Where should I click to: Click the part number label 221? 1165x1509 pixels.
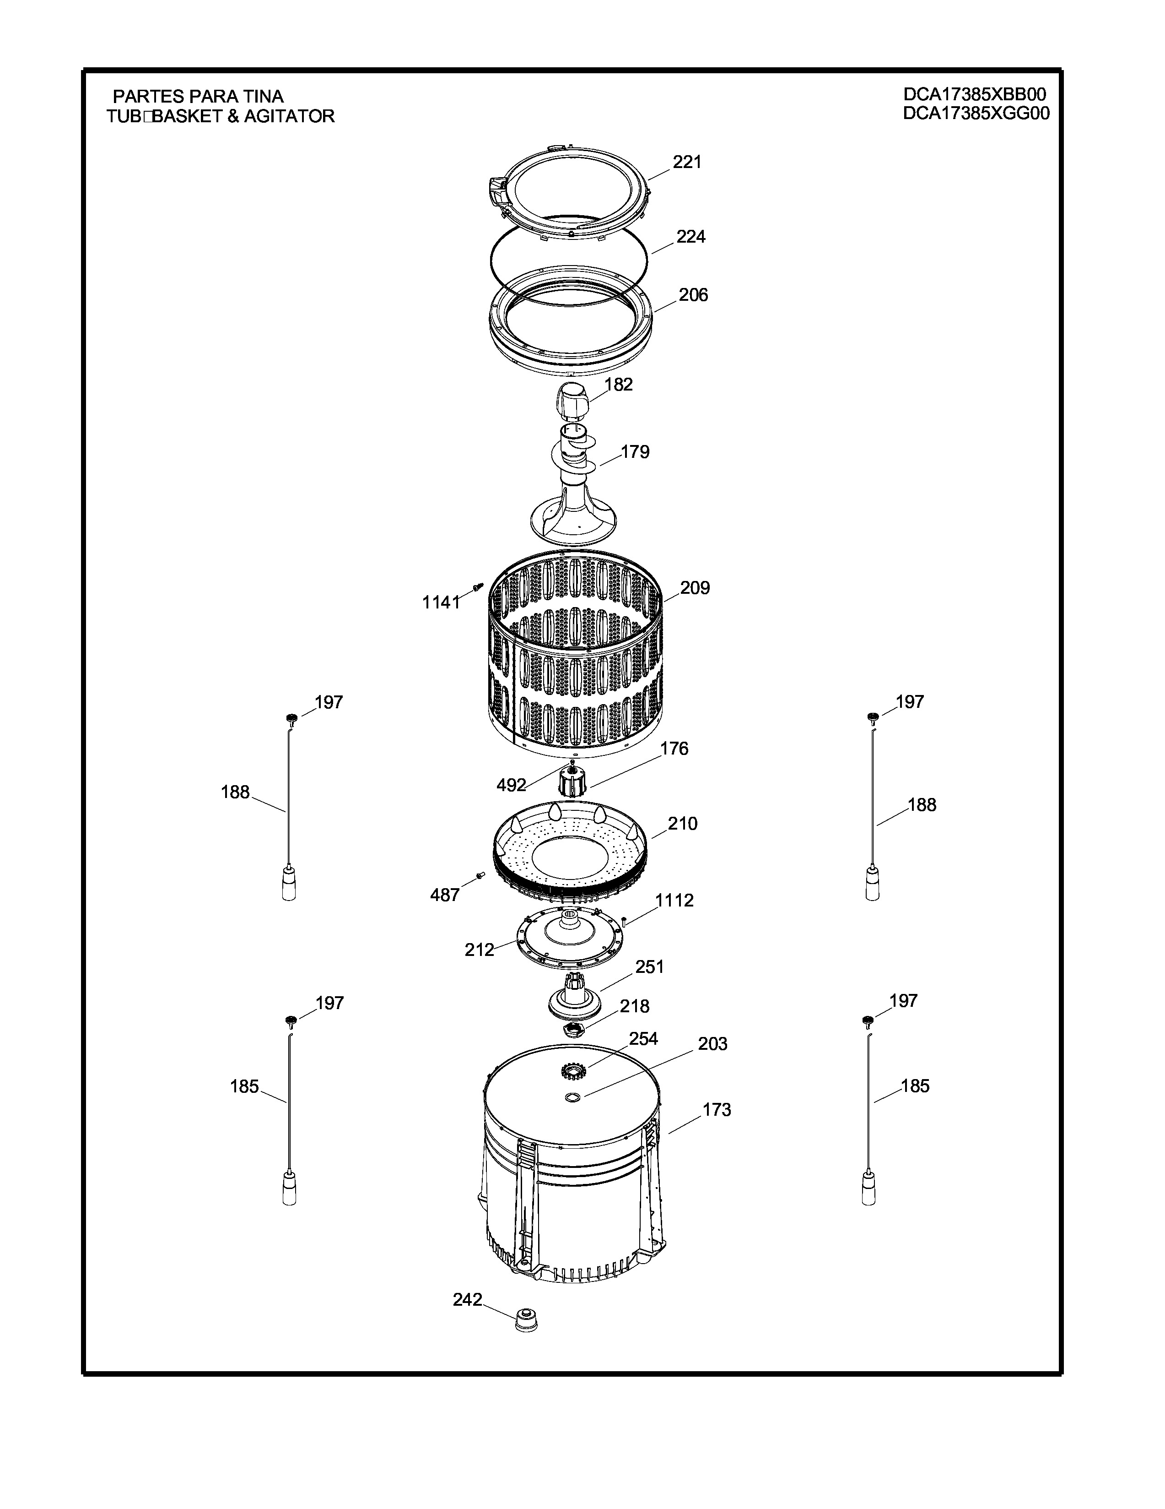coord(687,162)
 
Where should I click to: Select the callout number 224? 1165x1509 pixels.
coord(690,237)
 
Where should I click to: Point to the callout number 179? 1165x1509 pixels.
coord(635,452)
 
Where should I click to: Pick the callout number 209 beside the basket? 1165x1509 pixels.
coord(695,588)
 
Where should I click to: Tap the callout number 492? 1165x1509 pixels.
coord(512,785)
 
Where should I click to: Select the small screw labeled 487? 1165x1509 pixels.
coord(479,876)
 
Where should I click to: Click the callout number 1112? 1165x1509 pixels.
coord(674,900)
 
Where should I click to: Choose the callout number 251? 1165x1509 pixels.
coord(649,966)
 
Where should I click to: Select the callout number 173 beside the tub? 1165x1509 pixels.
coord(717,1110)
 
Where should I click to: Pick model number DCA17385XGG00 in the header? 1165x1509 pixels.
coord(976,114)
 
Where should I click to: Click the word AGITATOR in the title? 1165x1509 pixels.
coord(289,116)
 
